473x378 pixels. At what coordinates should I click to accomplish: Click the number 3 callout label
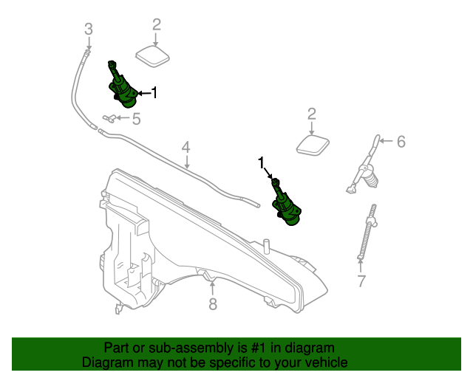[x=88, y=30]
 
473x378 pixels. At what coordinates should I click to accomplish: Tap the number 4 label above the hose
[x=186, y=148]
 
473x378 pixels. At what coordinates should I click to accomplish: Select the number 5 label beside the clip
[x=136, y=118]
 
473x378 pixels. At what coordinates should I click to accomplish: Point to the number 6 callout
[x=401, y=141]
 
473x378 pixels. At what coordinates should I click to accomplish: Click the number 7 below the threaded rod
[x=361, y=281]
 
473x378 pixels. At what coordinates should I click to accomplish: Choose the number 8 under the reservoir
[x=213, y=303]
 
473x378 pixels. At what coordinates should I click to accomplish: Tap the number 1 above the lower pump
[x=261, y=161]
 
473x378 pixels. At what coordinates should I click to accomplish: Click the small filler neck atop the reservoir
[x=265, y=244]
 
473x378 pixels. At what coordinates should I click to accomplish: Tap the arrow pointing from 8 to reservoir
[x=212, y=286]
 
